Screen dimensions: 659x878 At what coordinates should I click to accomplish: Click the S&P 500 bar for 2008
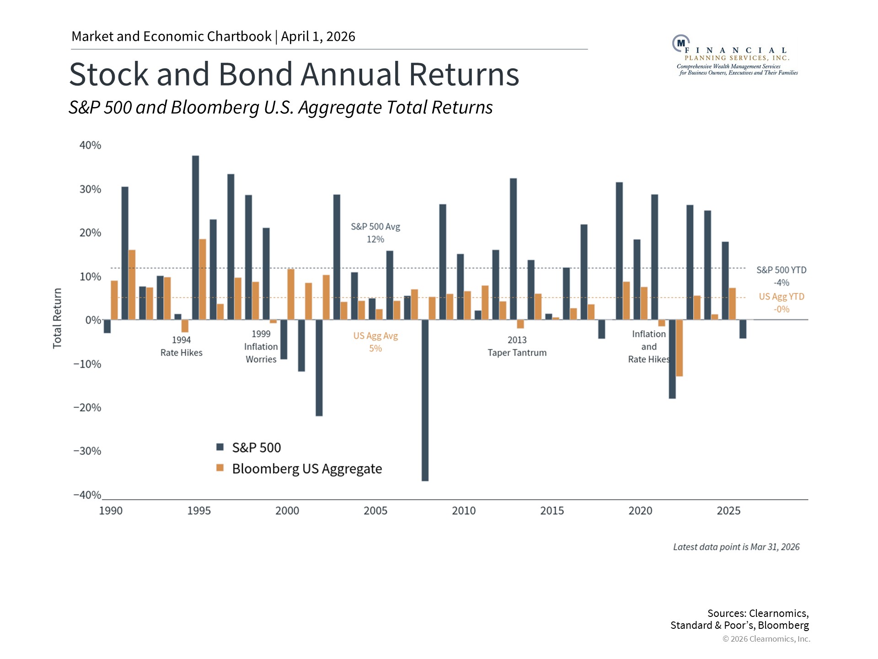pyautogui.click(x=425, y=400)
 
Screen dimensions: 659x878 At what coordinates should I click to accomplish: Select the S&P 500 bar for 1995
pyautogui.click(x=196, y=238)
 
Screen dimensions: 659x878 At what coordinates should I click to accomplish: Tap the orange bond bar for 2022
pyautogui.click(x=680, y=348)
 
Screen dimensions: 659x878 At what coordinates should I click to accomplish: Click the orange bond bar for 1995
pyautogui.click(x=203, y=279)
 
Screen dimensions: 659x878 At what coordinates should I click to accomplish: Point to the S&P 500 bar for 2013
pyautogui.click(x=514, y=249)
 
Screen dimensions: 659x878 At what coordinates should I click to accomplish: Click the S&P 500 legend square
pyautogui.click(x=220, y=447)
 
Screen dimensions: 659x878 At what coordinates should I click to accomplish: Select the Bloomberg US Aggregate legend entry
pyautogui.click(x=307, y=469)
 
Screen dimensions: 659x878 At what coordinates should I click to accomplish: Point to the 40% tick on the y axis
pyautogui.click(x=90, y=146)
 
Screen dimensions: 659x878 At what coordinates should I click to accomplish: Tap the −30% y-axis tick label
pyautogui.click(x=87, y=451)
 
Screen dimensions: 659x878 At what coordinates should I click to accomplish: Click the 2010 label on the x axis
pyautogui.click(x=464, y=511)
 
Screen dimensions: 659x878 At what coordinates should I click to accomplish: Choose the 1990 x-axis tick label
pyautogui.click(x=111, y=511)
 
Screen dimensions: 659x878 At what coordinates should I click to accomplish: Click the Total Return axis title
pyautogui.click(x=57, y=319)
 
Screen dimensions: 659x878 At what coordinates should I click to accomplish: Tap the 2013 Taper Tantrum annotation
pyautogui.click(x=517, y=346)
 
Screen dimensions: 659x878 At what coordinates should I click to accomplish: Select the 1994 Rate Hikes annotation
pyautogui.click(x=181, y=346)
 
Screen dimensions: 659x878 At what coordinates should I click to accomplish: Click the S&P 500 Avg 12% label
pyautogui.click(x=375, y=233)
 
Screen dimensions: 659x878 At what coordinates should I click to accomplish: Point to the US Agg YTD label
pyautogui.click(x=782, y=297)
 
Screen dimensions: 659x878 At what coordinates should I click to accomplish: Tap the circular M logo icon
pyautogui.click(x=681, y=43)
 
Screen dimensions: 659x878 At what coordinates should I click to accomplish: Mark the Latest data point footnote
pyautogui.click(x=736, y=547)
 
